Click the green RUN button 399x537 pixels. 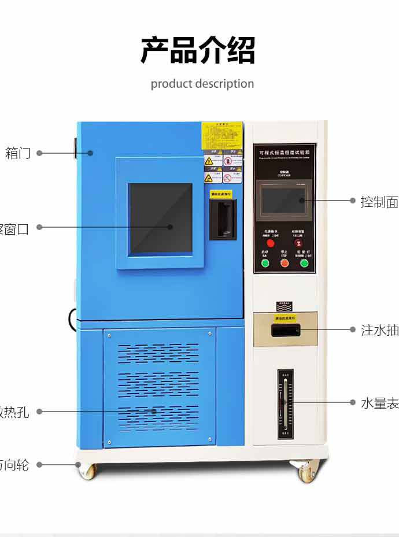[265, 263]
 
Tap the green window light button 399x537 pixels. [304, 263]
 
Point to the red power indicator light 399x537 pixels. [270, 243]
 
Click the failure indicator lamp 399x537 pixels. [298, 243]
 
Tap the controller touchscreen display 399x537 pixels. [283, 199]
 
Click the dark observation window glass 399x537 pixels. [160, 218]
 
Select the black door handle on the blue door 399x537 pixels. [223, 217]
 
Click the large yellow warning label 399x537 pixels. [222, 136]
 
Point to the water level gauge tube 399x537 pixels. [285, 402]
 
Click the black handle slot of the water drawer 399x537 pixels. [285, 331]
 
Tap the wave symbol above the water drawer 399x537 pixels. [285, 306]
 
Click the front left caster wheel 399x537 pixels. [87, 471]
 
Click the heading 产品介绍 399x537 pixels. [198, 51]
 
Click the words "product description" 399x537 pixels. [202, 84]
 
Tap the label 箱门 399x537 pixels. [18, 153]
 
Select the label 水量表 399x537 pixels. [379, 403]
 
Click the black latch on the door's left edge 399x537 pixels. [75, 147]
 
